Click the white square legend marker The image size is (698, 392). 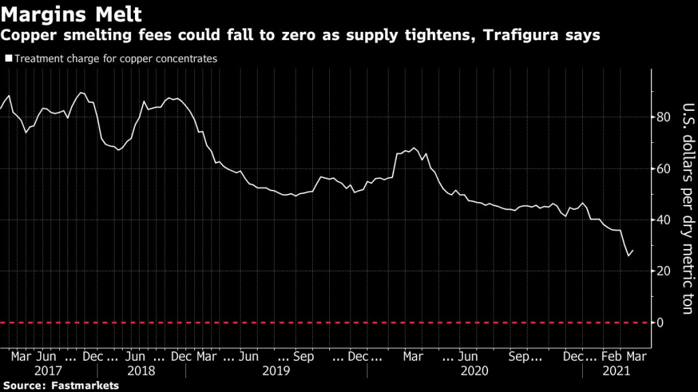coord(8,59)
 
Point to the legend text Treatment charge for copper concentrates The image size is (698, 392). coord(115,59)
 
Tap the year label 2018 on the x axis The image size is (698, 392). coord(140,372)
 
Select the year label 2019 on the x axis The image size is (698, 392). coord(276,372)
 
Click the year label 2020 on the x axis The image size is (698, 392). coord(475,372)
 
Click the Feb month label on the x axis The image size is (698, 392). coord(612,356)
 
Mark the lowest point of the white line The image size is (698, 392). coord(628,256)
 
